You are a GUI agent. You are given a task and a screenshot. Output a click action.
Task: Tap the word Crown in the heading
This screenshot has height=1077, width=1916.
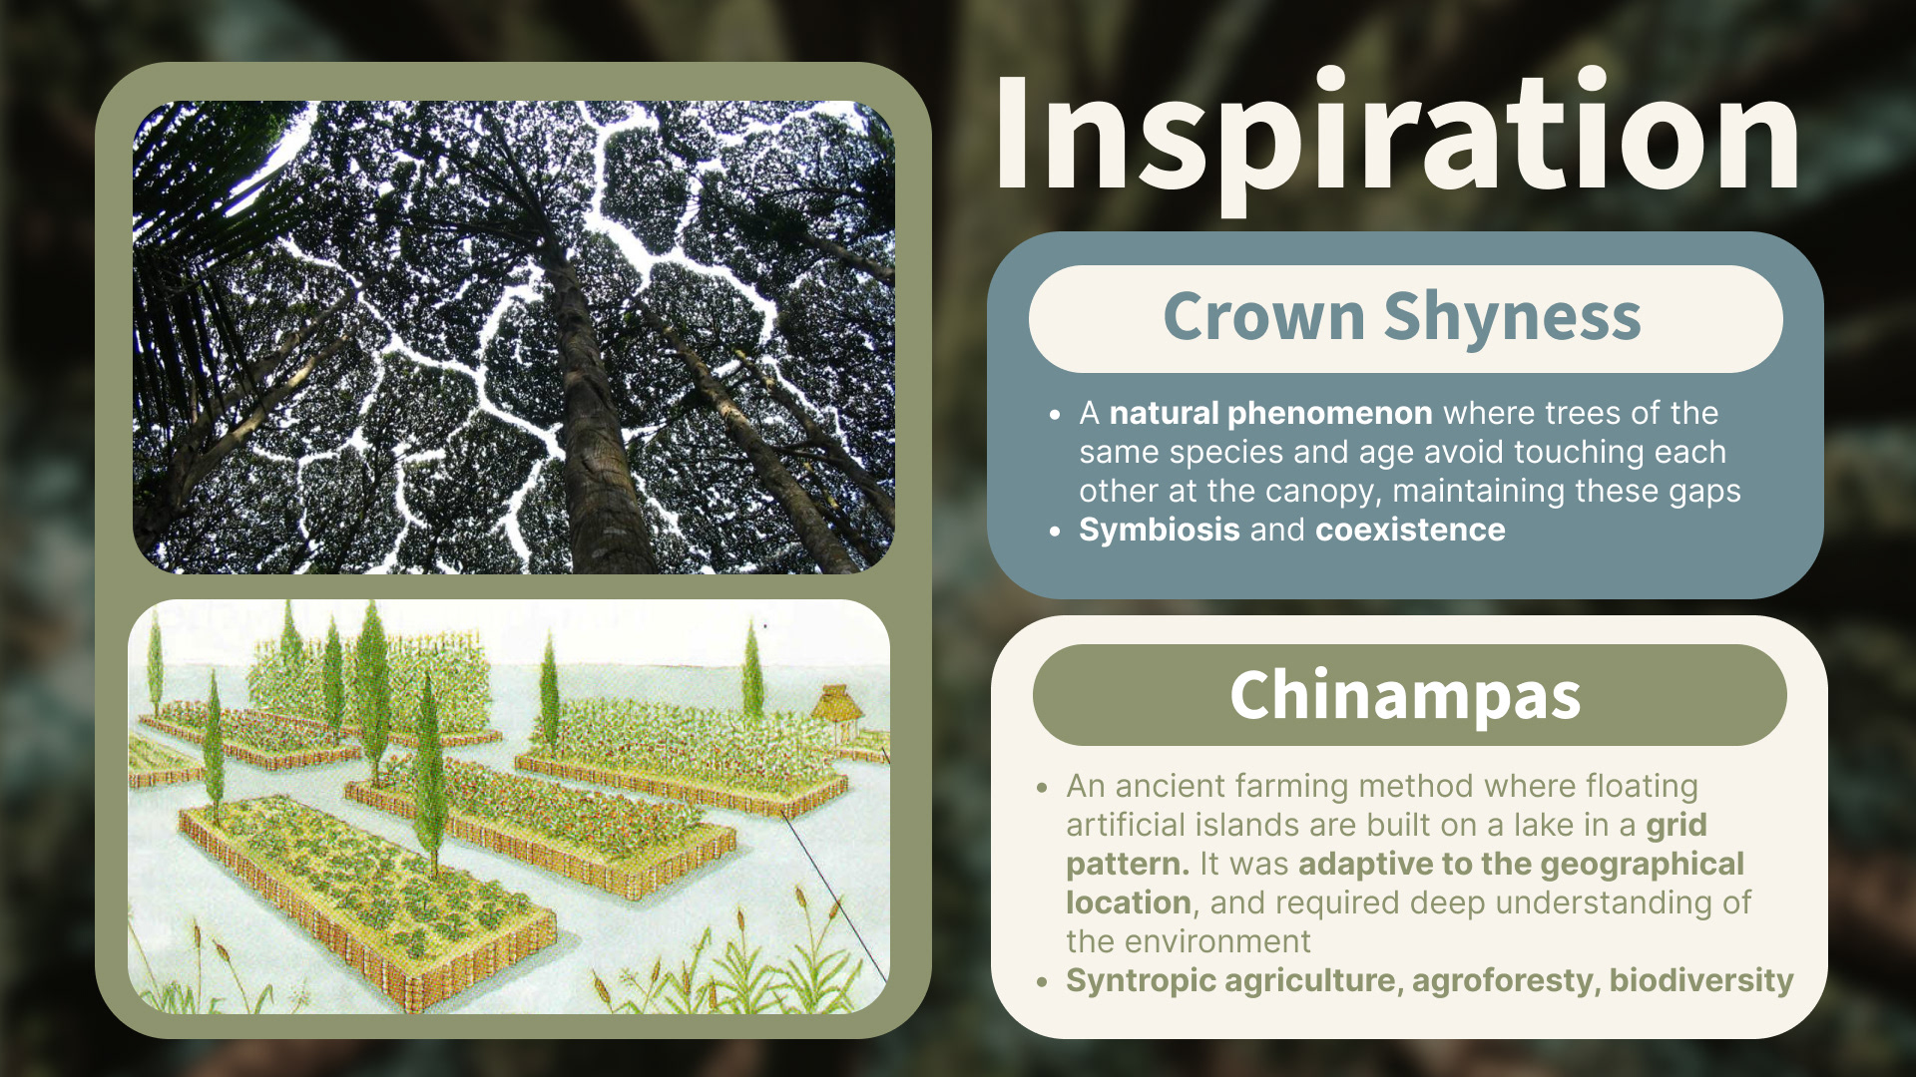[1263, 317]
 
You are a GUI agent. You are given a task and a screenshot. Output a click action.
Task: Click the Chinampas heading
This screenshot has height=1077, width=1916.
[1406, 695]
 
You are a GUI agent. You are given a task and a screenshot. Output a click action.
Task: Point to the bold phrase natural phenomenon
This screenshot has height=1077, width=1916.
[1270, 413]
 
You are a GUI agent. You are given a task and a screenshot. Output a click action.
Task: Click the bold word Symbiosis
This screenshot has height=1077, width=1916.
[1160, 530]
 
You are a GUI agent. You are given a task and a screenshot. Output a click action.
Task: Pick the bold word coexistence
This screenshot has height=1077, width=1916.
[1410, 530]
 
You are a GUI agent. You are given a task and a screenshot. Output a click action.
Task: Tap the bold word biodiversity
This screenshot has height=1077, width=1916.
[1701, 980]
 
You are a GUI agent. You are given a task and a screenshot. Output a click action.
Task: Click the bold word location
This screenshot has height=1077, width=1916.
[1129, 902]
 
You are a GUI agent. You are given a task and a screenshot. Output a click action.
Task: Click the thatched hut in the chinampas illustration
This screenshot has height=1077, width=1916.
[836, 710]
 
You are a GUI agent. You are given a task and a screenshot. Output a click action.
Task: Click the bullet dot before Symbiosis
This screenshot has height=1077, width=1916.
[1056, 532]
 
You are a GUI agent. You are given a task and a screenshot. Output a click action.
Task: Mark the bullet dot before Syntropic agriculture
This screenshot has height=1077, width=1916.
[1043, 982]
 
